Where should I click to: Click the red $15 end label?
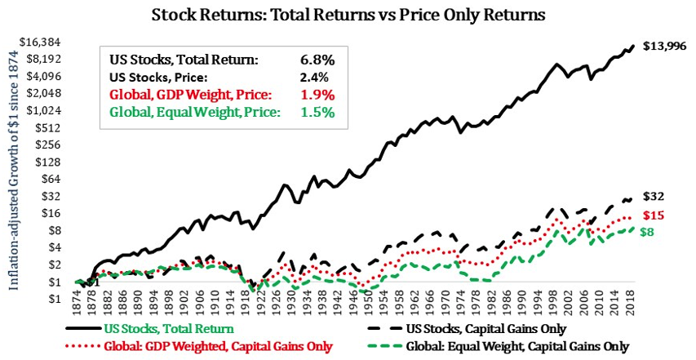coord(654,216)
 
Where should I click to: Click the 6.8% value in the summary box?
coord(316,60)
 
